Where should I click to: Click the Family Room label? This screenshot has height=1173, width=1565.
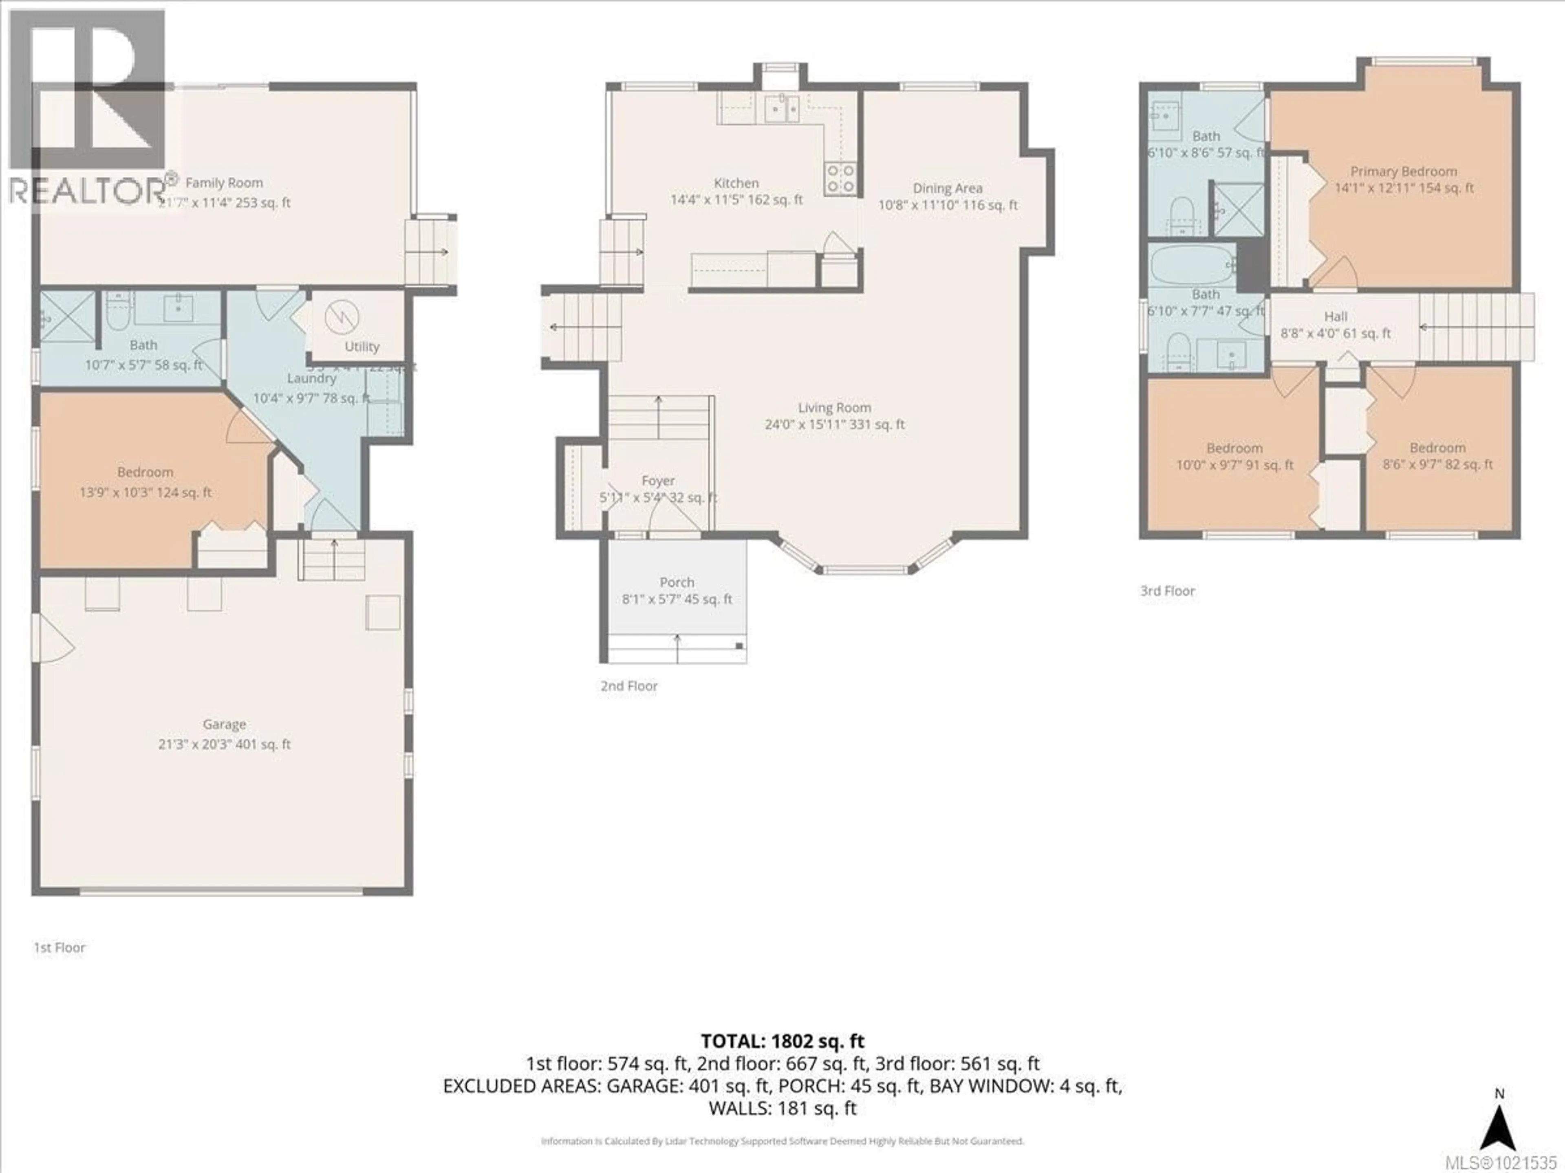click(224, 182)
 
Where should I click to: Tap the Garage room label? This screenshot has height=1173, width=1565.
click(224, 724)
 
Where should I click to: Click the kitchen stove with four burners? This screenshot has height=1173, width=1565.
click(840, 178)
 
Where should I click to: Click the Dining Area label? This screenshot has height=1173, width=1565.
click(947, 188)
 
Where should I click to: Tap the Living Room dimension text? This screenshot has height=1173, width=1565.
click(834, 425)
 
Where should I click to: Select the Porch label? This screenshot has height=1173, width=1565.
click(677, 582)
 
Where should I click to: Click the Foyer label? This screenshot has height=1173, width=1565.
click(658, 481)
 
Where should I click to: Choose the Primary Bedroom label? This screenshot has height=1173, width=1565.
click(1404, 171)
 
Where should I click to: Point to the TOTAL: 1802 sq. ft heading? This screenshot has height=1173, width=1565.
click(782, 1041)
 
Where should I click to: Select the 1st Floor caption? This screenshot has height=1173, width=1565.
click(60, 947)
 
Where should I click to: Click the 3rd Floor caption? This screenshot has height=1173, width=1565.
click(1167, 591)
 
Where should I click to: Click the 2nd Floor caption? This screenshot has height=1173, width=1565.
click(629, 686)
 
